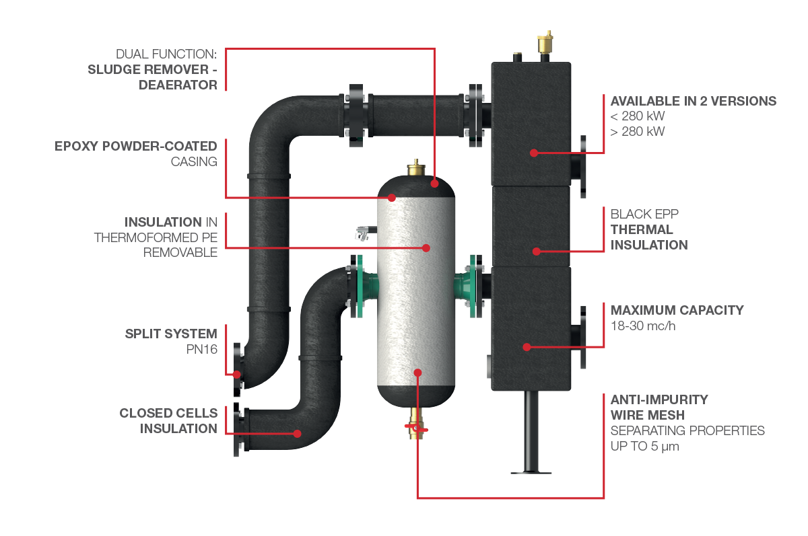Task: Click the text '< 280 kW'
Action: click(x=637, y=116)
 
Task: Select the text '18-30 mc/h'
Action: click(x=642, y=326)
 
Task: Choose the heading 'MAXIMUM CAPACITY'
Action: click(x=677, y=310)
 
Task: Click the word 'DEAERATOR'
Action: click(x=178, y=85)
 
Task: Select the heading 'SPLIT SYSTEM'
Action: click(x=171, y=334)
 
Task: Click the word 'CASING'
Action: click(x=194, y=161)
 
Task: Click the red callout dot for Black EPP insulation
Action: click(x=537, y=252)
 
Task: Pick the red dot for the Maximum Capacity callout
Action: click(x=527, y=347)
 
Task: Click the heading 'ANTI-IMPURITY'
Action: click(x=659, y=399)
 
